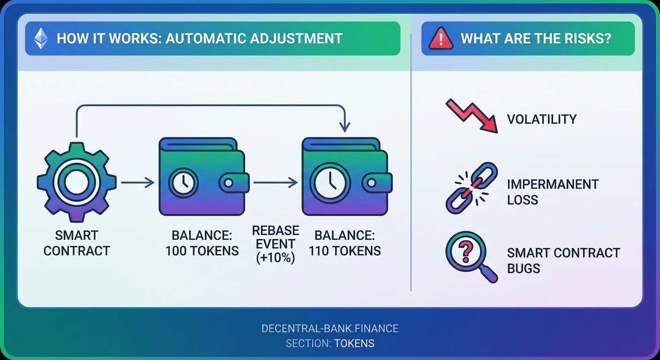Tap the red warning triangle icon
coord(441,38)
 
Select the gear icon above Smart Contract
coord(76,182)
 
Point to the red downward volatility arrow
coord(471,115)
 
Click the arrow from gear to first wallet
coord(137,182)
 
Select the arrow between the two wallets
coord(275,182)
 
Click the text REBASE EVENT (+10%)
coord(276,244)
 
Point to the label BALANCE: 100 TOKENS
coord(202,243)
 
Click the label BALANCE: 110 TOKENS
coord(345,243)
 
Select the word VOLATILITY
coord(541,119)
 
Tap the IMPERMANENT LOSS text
coord(552,192)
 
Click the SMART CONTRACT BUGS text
coord(563,261)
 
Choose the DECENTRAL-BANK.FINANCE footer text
coord(330,328)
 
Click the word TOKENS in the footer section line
coord(354,343)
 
